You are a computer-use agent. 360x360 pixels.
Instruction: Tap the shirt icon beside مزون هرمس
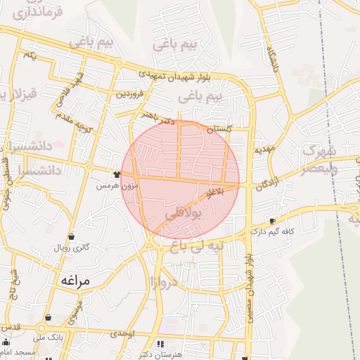117,174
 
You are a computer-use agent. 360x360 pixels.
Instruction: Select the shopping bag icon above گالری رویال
72,236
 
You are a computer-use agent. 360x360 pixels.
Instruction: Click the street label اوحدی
122,332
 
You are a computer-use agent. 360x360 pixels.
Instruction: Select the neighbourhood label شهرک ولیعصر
319,160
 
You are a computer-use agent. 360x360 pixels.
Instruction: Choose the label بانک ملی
71,337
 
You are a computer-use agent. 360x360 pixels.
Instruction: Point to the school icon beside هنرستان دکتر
162,345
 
